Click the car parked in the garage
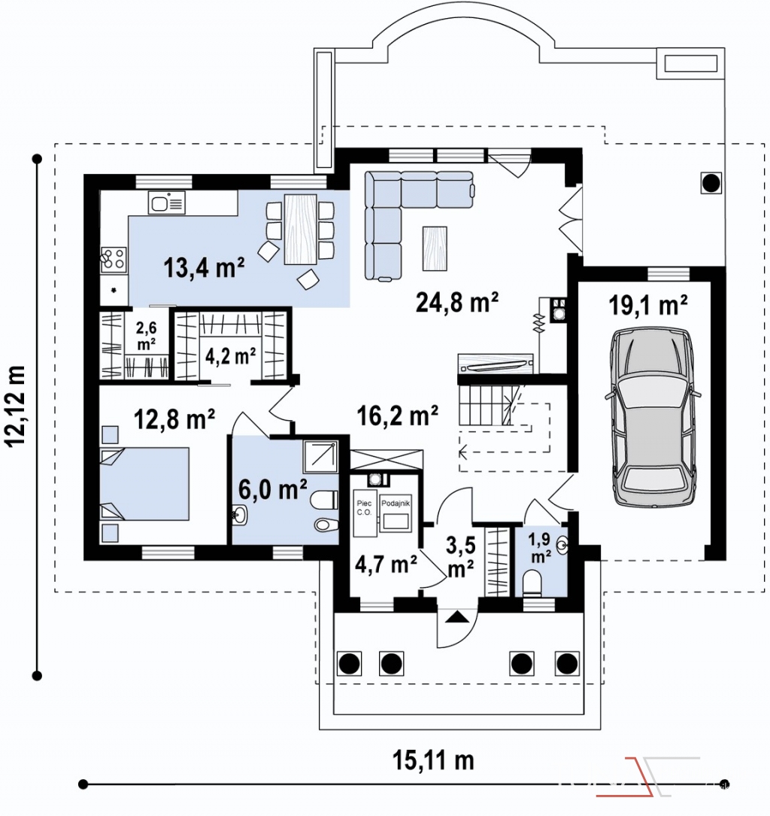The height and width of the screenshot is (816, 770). click(x=653, y=416)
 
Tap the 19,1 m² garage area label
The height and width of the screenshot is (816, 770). click(x=648, y=306)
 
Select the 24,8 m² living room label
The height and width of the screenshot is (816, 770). click(x=457, y=302)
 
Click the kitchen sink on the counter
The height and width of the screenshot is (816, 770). click(x=166, y=203)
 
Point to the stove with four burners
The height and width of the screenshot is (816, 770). click(x=114, y=260)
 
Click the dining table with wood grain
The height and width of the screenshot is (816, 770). click(x=301, y=230)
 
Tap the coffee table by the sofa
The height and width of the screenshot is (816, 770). click(x=435, y=248)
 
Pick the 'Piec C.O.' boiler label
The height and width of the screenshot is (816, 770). click(x=364, y=507)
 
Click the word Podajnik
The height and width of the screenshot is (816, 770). click(x=396, y=504)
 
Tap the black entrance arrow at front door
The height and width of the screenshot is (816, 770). click(x=457, y=617)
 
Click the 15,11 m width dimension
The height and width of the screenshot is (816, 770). click(x=433, y=760)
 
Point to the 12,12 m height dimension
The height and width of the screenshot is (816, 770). click(x=15, y=406)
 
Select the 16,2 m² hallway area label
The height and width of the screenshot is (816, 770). click(x=397, y=416)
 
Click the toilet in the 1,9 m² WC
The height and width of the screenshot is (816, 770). click(x=531, y=583)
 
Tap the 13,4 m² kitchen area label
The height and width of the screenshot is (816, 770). click(x=204, y=268)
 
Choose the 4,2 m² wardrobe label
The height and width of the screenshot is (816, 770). click(x=230, y=357)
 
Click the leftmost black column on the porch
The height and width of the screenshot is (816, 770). click(x=350, y=663)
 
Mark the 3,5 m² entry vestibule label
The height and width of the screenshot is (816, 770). click(x=461, y=557)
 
